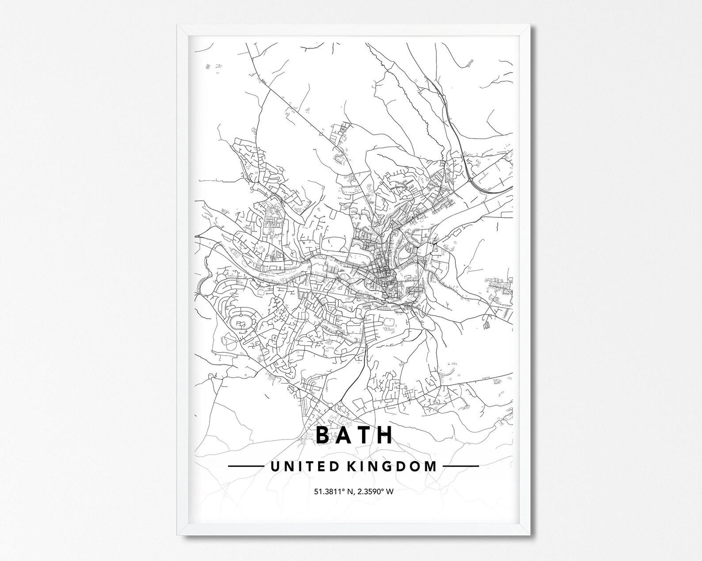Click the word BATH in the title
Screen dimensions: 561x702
pyautogui.click(x=354, y=435)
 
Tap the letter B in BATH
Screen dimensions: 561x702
pyautogui.click(x=323, y=435)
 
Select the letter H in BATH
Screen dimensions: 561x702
pyautogui.click(x=385, y=435)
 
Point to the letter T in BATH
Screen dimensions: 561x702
pyautogui.click(x=365, y=435)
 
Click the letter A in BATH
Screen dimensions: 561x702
pyautogui.click(x=344, y=435)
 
